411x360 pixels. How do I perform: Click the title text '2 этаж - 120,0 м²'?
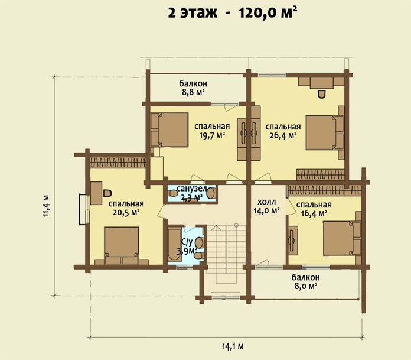point(233,12)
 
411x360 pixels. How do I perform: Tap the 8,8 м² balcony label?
point(193,88)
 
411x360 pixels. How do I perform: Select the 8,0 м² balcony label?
point(306,281)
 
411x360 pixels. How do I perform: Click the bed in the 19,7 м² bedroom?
point(169,129)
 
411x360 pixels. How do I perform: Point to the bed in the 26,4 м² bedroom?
point(325,133)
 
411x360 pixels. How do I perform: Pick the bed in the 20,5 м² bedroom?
point(122,245)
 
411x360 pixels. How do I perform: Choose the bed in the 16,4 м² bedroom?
point(342,238)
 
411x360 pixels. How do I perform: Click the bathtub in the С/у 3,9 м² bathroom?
point(174,245)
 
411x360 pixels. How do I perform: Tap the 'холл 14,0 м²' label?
point(266,206)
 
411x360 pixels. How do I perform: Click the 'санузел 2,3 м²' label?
point(191,193)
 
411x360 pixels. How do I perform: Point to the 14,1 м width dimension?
point(233,346)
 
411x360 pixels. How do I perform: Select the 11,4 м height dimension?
point(46,206)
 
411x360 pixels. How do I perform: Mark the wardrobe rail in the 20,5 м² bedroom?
point(118,162)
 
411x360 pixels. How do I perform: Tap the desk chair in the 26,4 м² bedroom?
point(322,93)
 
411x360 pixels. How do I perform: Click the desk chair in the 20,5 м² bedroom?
point(107,193)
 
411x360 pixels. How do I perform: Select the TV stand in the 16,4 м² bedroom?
point(293,240)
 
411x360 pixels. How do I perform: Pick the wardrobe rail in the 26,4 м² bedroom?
point(320,174)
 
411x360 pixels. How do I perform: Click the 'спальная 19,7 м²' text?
point(212,131)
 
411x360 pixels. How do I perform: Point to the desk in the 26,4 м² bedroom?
point(321,83)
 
